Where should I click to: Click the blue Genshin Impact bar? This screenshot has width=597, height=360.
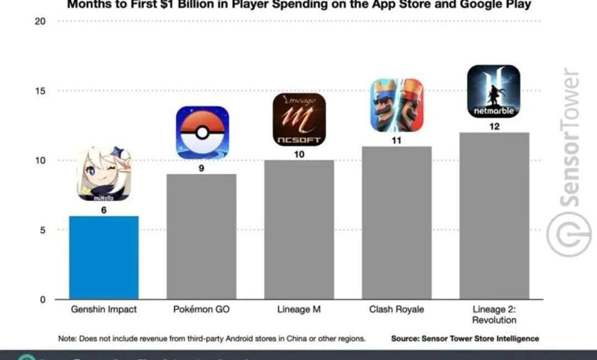click(103, 257)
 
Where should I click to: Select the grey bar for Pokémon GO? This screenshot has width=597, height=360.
click(201, 237)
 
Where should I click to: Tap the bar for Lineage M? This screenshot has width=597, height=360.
click(299, 229)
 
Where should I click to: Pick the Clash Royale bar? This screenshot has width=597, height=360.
click(396, 223)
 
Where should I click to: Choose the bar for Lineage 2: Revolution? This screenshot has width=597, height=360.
click(494, 216)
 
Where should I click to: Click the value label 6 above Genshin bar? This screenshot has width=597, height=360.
click(103, 210)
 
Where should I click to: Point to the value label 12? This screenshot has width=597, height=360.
click(494, 127)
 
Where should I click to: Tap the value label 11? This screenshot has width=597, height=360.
click(396, 140)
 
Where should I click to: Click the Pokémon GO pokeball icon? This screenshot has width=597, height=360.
click(202, 133)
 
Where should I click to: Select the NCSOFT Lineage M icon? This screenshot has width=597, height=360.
click(299, 119)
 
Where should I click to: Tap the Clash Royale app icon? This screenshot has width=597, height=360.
click(396, 105)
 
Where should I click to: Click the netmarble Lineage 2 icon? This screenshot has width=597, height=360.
click(494, 91)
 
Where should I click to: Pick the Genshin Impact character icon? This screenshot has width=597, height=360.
click(104, 174)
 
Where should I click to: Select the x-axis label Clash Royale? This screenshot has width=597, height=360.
click(396, 310)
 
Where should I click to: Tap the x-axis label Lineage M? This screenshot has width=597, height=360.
click(299, 310)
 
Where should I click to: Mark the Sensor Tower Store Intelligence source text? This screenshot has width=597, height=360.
click(465, 338)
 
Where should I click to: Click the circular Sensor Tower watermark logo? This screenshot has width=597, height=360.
click(569, 234)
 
